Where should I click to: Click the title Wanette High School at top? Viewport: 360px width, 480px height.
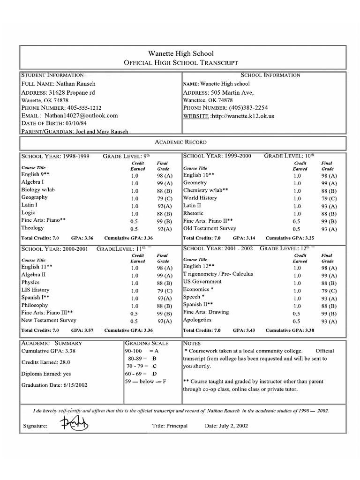(180, 53)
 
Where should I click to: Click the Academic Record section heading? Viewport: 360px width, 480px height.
(180, 142)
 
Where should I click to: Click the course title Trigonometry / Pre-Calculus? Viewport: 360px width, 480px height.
(218, 274)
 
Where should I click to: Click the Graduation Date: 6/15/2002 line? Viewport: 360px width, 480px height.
(54, 385)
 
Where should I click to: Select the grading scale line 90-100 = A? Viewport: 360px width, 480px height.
(143, 351)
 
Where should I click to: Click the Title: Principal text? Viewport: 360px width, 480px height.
(170, 426)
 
